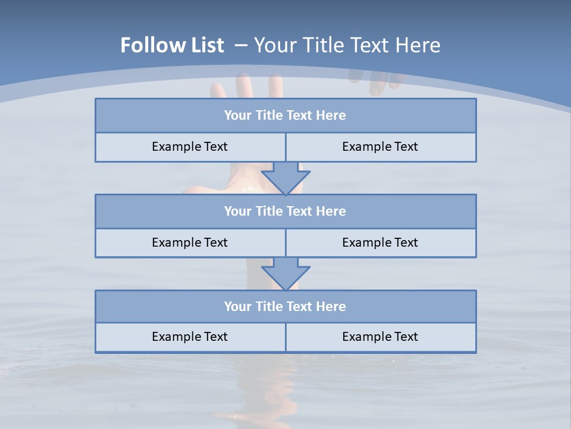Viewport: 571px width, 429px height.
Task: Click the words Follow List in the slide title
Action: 172,45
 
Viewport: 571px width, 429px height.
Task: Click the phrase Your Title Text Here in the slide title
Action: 347,45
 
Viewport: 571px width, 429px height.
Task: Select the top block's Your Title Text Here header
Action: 285,116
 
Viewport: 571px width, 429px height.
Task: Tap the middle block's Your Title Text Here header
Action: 285,211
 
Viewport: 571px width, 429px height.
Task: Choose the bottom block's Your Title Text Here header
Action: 285,306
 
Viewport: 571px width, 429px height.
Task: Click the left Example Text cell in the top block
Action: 190,147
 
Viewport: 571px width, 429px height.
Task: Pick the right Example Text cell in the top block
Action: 380,147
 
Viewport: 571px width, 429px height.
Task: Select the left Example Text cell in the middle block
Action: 190,243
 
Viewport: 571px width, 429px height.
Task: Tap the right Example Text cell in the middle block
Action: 380,243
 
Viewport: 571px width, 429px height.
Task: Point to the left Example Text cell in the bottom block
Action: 190,337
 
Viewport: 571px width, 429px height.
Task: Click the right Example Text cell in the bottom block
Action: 380,337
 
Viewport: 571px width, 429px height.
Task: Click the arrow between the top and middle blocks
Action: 285,178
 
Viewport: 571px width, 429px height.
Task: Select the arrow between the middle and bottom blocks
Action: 285,273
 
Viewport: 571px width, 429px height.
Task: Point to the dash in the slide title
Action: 241,45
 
